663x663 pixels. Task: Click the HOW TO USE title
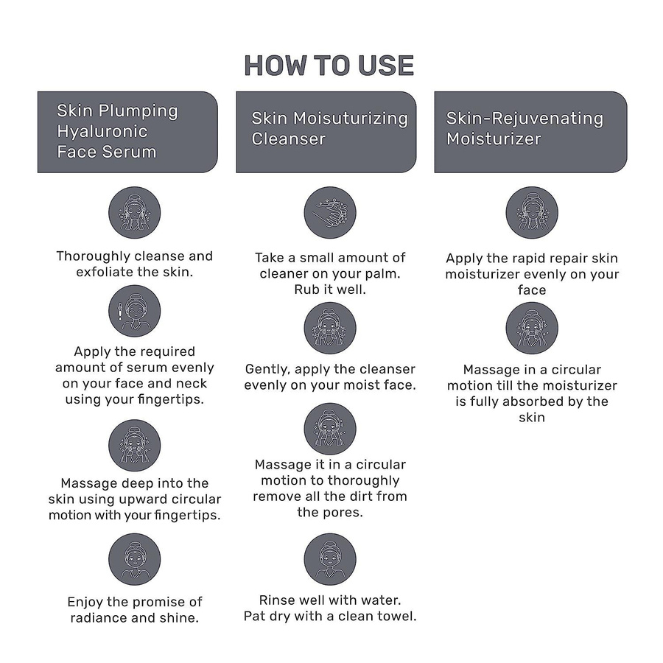coord(329,66)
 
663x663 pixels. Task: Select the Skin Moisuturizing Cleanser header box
coord(326,132)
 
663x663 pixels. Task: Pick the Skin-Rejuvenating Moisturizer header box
coord(530,132)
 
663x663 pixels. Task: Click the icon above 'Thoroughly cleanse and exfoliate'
coord(135,213)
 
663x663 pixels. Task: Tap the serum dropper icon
coord(135,311)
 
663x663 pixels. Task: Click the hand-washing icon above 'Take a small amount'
coord(330,213)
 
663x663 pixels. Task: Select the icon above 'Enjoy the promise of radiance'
coord(135,559)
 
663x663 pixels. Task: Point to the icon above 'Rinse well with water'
coord(330,559)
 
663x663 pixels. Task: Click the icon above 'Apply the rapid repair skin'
coord(532,213)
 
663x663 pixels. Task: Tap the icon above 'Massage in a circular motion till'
coord(532,328)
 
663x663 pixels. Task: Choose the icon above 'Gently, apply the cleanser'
coord(330,328)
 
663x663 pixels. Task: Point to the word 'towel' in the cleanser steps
coord(397,616)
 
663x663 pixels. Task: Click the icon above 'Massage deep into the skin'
coord(135,445)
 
